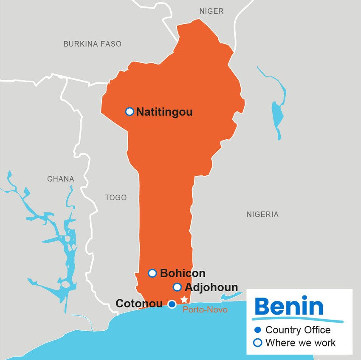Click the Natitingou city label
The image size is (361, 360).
164,112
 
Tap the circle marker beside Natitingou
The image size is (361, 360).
130,112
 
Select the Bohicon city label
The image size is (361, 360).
183,273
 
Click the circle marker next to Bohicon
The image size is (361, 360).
152,273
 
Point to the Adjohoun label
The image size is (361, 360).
211,287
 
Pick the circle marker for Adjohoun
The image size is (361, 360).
178,287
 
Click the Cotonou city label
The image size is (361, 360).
139,304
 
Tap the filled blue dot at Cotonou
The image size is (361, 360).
172,304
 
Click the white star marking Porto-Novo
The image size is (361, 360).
184,299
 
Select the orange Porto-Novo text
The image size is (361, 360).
205,310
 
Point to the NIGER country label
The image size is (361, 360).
212,11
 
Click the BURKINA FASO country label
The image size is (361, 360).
92,44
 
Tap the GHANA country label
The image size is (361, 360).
60,179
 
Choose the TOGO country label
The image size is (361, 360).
116,197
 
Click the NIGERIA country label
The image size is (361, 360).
262,214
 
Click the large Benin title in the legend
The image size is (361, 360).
289,305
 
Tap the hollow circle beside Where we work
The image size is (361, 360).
257,343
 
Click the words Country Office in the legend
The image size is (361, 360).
298,330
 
